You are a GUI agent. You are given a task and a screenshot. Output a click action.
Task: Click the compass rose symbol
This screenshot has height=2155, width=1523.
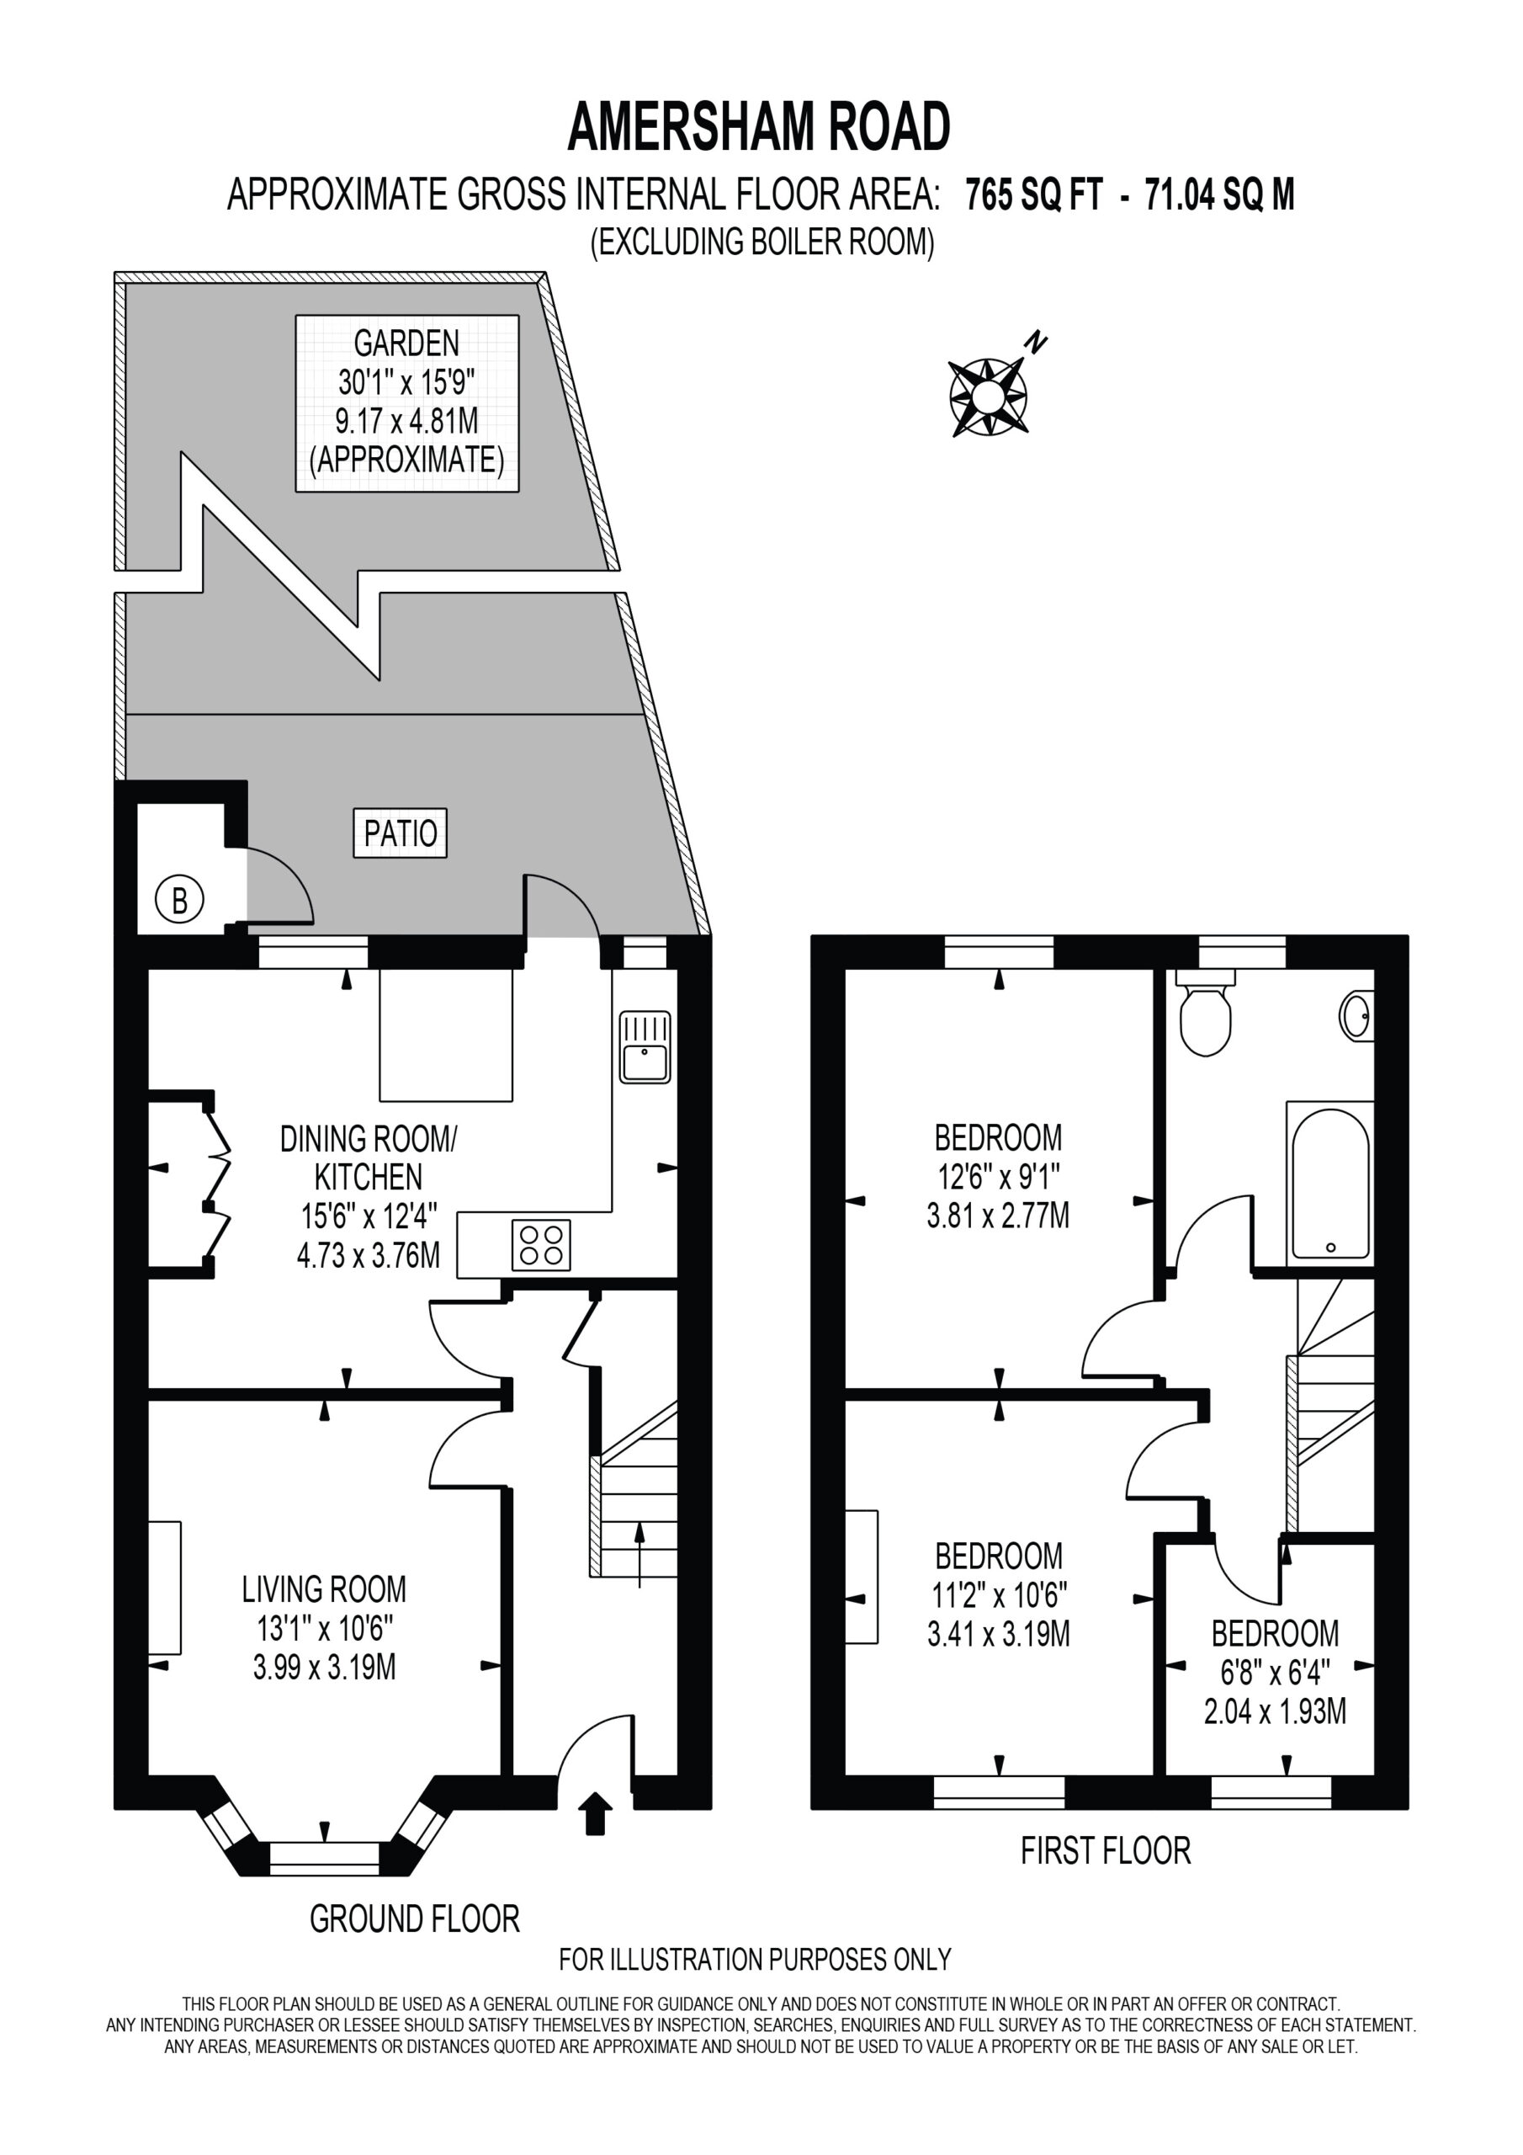coord(988,396)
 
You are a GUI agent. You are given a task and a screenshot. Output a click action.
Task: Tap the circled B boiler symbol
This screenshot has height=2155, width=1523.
coord(179,900)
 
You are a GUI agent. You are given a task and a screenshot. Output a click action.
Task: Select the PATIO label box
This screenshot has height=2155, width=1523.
coord(400,833)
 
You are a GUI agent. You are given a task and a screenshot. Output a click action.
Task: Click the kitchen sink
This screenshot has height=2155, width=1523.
coord(645,1047)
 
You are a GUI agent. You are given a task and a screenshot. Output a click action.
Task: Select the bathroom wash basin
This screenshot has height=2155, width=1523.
coord(1358,1015)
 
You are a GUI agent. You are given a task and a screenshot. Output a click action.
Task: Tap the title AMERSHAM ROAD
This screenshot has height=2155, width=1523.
coord(759,128)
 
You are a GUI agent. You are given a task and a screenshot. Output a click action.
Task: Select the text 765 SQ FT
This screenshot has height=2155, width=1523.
coord(1034,195)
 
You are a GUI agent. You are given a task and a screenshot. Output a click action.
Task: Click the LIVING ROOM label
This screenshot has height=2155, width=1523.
coord(325,1589)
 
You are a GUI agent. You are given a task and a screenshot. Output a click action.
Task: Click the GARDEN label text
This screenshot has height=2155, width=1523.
coord(406,343)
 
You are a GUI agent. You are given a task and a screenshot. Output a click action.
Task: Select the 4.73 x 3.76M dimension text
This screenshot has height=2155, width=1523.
coord(368,1255)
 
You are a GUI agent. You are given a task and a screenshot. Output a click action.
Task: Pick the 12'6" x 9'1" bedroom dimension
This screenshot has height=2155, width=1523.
coord(999,1177)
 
